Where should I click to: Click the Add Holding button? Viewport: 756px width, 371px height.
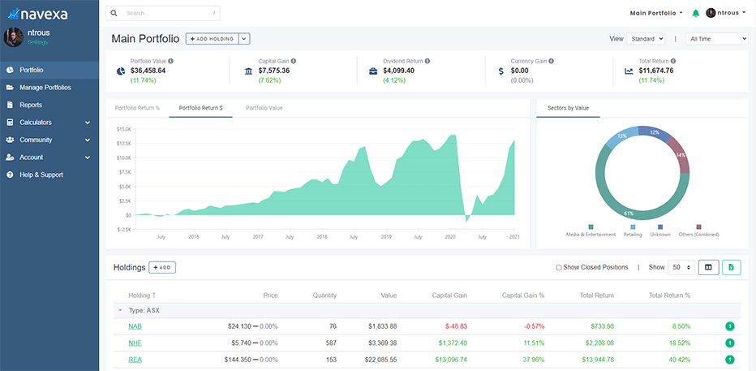[x=212, y=38]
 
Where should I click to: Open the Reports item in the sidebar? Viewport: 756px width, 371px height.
[x=31, y=105]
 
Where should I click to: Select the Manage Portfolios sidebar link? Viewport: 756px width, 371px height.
[x=45, y=88]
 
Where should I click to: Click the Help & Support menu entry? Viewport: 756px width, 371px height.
[x=41, y=175]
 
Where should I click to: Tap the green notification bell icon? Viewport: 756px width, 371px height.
[x=695, y=13]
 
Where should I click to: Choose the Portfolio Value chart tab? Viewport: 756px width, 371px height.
[x=264, y=108]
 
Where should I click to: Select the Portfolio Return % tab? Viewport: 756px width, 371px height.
[x=137, y=108]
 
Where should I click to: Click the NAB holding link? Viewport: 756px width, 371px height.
[x=135, y=326]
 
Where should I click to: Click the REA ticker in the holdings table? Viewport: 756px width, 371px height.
[x=135, y=359]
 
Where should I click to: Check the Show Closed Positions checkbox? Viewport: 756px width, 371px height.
[x=559, y=267]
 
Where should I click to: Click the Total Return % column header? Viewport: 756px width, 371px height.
[x=669, y=296]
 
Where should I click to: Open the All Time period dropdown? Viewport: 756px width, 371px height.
[x=716, y=38]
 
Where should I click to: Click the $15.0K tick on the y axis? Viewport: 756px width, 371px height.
[x=123, y=129]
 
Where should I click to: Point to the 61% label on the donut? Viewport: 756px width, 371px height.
[x=628, y=213]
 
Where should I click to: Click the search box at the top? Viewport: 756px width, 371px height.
[x=166, y=13]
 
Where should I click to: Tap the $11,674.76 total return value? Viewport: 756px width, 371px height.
[x=655, y=71]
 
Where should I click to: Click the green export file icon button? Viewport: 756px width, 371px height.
[x=732, y=267]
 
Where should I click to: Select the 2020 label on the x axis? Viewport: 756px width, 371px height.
[x=450, y=236]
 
